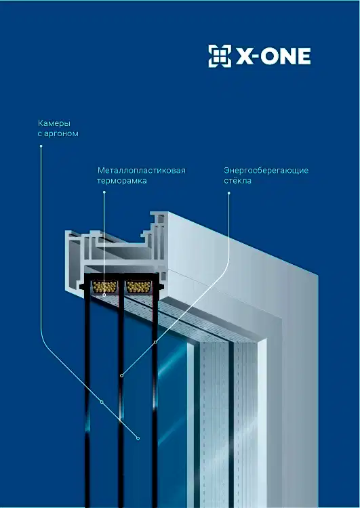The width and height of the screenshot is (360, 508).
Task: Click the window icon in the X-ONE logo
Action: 220,56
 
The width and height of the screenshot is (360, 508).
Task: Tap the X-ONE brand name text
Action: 273,56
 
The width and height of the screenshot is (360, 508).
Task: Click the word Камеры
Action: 54,123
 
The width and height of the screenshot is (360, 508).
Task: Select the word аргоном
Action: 61,133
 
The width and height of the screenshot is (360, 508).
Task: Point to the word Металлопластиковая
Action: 142,171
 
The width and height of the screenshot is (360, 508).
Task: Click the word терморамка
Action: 121,181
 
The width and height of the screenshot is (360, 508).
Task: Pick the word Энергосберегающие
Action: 266,171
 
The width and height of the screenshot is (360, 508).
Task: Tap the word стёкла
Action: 237,180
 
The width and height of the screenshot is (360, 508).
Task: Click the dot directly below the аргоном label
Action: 41,146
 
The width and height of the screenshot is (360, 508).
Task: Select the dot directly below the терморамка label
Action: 104,192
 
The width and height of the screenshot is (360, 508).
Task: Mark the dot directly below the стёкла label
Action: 228,193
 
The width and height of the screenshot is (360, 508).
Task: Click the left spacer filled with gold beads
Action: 104,287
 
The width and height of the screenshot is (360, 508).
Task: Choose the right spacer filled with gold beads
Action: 139,287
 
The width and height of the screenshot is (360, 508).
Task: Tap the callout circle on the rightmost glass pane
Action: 155,342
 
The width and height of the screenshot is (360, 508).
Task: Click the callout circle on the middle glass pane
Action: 121,375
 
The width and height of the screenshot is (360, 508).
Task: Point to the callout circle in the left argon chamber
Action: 102,402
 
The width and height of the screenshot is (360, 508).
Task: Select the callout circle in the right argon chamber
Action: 138,438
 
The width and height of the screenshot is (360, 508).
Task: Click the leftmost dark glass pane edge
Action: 87,398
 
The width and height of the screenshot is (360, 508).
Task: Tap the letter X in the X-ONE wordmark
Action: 244,57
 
